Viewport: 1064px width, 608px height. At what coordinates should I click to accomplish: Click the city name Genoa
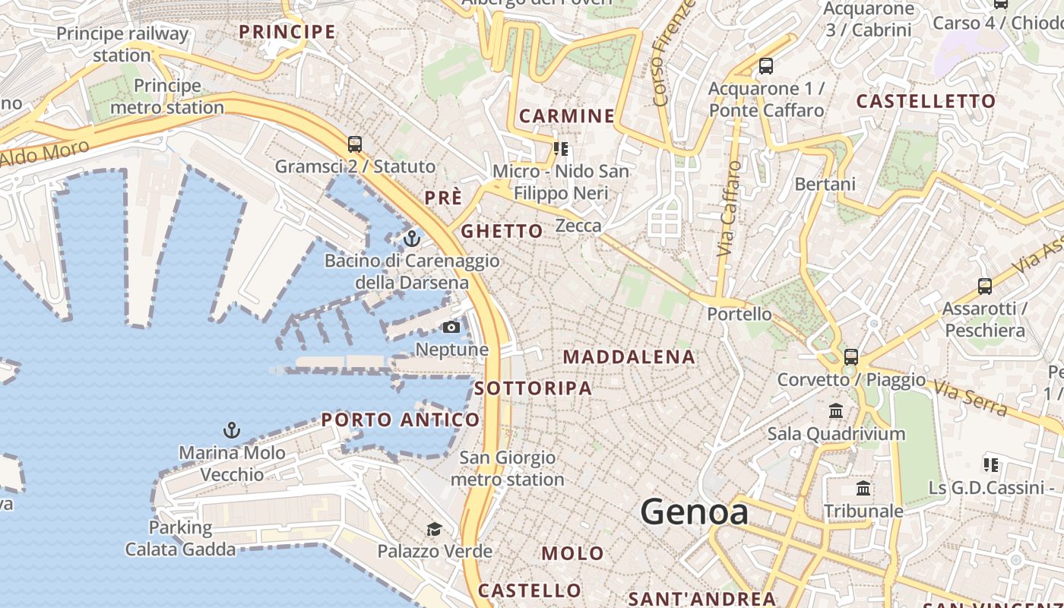tap(694, 512)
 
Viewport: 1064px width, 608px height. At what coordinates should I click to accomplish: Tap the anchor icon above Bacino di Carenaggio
tap(411, 239)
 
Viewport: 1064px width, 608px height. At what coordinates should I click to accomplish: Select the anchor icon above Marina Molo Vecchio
tap(232, 431)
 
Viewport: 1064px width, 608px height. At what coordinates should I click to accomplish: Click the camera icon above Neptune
tap(451, 328)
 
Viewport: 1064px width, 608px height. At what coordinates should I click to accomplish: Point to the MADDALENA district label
tap(629, 357)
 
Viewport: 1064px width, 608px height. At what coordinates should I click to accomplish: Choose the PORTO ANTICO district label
tap(401, 420)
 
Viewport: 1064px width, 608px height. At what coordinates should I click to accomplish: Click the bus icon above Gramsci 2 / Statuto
tap(354, 144)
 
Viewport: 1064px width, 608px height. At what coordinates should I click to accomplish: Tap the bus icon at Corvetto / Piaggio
tap(851, 356)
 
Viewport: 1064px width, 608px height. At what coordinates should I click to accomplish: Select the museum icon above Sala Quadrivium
tap(836, 411)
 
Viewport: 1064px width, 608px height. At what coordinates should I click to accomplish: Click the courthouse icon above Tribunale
tap(863, 488)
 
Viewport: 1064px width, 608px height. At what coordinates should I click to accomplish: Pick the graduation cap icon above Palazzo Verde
tap(434, 529)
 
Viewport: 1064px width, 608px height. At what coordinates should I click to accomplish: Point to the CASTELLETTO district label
tap(926, 101)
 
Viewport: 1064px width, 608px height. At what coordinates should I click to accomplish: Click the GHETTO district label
tap(502, 231)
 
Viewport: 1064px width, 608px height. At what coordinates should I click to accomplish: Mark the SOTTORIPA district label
tap(533, 388)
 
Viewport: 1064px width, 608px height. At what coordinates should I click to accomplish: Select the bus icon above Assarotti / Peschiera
tap(985, 287)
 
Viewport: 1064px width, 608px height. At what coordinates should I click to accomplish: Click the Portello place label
tap(739, 314)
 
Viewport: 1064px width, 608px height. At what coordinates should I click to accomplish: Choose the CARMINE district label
tap(567, 116)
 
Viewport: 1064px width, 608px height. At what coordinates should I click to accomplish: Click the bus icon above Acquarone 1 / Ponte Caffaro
tap(766, 66)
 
